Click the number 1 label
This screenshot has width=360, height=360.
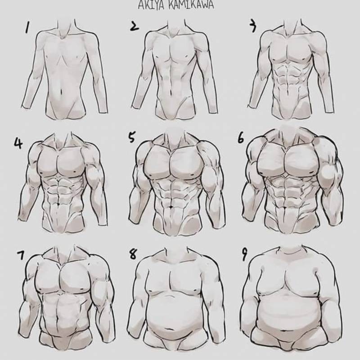coord(27,27)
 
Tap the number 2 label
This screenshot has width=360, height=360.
coord(134,26)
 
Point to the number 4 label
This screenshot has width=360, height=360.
coord(18,143)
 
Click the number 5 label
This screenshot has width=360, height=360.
coord(131,137)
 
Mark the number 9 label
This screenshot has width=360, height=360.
coord(244,255)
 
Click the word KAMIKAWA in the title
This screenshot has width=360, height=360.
coord(191,5)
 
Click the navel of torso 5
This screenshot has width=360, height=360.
coord(171,207)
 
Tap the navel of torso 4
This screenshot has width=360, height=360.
coord(58,204)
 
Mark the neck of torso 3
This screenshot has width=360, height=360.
coord(292,27)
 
